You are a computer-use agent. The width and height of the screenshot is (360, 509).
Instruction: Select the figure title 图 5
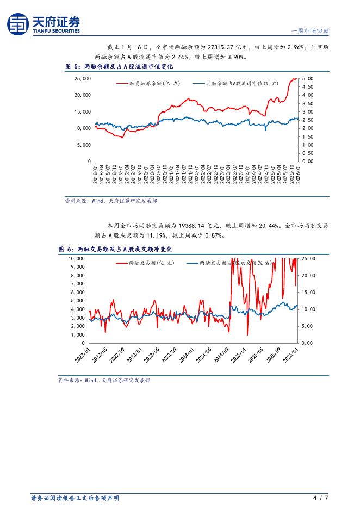72,66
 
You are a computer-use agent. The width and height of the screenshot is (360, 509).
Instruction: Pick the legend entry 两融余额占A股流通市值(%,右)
242,84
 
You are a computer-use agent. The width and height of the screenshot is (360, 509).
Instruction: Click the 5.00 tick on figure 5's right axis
307,79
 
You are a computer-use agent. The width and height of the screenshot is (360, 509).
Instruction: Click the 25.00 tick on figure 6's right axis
308,259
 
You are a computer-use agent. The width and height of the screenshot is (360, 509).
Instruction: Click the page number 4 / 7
321,498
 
